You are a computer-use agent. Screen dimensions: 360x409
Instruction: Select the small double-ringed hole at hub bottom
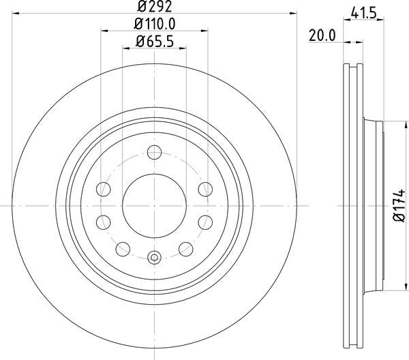154,257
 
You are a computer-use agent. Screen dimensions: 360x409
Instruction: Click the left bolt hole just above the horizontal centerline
104,188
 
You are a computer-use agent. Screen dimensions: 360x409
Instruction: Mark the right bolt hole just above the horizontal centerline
204,188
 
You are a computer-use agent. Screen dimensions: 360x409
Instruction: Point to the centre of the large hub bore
154,205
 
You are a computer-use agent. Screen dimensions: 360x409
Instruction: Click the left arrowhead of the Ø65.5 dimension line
126,48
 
